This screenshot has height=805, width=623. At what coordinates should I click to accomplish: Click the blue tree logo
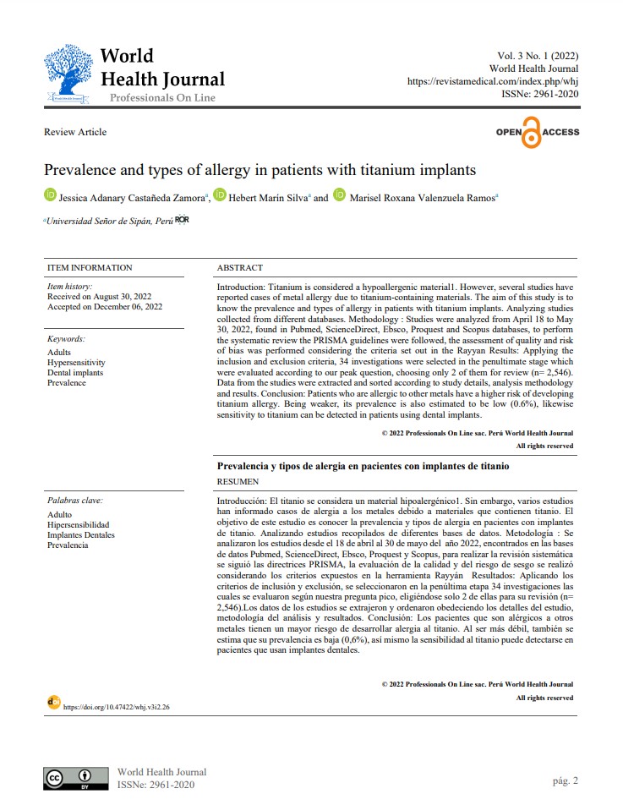70,74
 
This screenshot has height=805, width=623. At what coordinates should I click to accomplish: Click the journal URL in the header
493,81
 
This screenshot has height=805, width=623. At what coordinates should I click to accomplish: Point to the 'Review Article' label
75,132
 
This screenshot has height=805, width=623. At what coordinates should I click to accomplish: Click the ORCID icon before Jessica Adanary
50,196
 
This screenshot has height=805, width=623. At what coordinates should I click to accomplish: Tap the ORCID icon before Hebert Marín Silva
220,196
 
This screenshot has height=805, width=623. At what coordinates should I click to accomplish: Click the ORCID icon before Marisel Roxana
340,196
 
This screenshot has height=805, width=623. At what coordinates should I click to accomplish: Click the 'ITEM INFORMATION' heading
90,268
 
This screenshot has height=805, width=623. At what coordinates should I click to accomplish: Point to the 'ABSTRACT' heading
240,268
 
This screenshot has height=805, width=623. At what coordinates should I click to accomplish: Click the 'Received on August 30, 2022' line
99,297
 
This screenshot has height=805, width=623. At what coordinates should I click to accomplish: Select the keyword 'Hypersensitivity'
77,362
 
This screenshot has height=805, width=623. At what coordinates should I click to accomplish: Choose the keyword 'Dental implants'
76,372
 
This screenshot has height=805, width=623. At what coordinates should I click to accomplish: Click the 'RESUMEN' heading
238,482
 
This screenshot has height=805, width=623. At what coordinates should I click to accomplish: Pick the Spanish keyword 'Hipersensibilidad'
79,524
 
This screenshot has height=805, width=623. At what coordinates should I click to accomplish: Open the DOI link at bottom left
117,706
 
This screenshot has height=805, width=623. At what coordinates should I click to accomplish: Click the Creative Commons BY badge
76,777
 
